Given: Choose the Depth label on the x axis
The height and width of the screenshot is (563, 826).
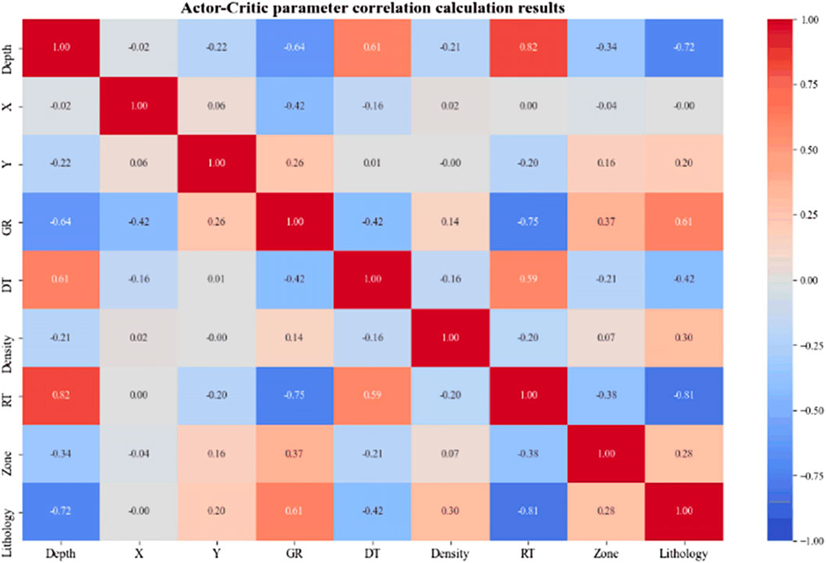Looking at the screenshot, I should tap(60, 554).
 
